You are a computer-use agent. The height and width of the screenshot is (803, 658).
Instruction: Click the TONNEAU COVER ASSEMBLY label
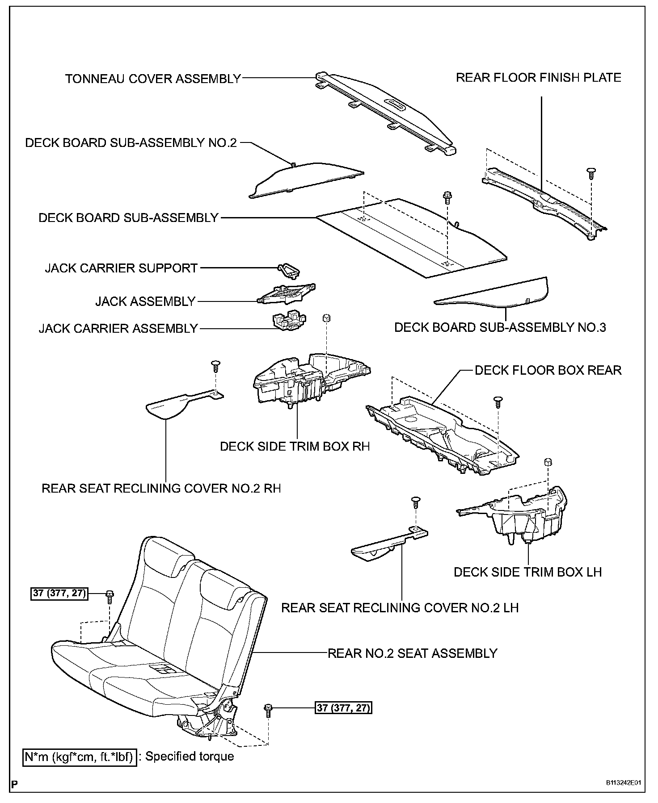(153, 79)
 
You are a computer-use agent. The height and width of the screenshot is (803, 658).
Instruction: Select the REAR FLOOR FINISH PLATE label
(538, 78)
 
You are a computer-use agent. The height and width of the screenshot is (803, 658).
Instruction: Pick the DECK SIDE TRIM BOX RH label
(295, 447)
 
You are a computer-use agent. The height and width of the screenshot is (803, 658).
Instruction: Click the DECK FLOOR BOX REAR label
(548, 370)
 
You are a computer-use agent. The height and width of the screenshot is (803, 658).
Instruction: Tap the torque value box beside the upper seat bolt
(59, 594)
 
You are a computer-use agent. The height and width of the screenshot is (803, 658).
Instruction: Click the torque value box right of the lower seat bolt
(344, 708)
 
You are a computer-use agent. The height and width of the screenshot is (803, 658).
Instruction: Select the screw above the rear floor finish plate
(591, 172)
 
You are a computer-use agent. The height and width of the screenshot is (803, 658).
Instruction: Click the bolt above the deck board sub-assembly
(447, 197)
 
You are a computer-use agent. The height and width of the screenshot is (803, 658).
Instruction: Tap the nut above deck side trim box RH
(326, 318)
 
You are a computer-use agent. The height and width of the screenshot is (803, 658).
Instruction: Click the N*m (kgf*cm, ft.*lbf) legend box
(80, 757)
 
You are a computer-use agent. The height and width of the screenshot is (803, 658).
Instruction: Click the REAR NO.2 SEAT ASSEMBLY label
(412, 653)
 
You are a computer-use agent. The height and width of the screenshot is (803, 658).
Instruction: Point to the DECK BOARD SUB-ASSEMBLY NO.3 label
(500, 327)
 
